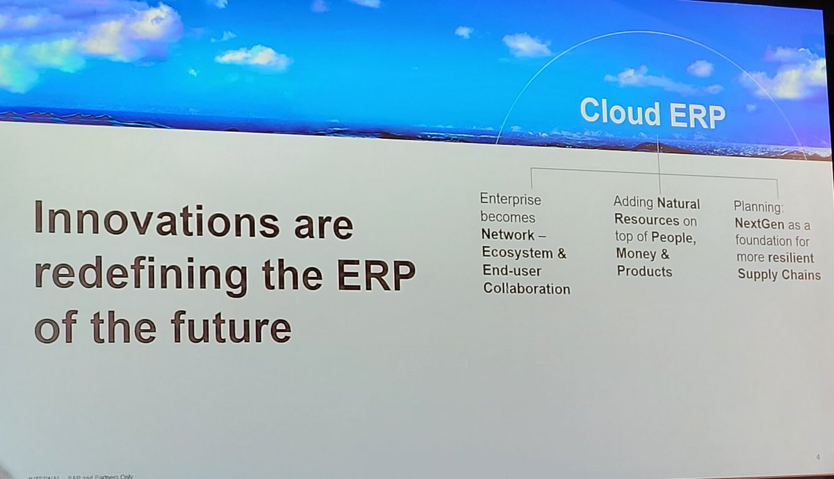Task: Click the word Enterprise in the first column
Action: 510,200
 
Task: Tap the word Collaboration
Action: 525,289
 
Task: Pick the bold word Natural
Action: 678,203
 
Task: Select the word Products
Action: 644,271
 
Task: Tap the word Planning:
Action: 758,206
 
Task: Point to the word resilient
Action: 792,258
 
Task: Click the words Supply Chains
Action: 778,275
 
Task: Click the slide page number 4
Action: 819,457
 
